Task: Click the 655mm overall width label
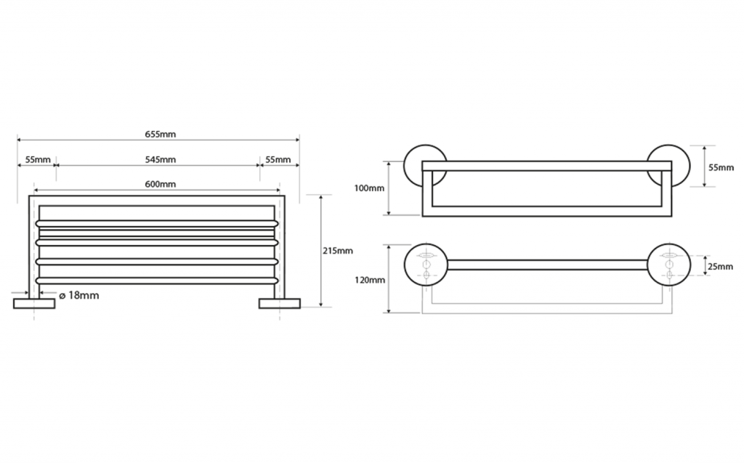(160, 134)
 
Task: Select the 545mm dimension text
(160, 159)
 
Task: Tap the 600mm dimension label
(160, 185)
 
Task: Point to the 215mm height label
(337, 251)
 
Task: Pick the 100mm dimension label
(369, 188)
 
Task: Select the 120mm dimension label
(369, 279)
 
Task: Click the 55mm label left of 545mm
(37, 159)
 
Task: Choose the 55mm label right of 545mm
(277, 159)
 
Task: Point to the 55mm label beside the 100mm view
(721, 167)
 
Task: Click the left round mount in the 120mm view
(426, 265)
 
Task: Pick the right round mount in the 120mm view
(668, 265)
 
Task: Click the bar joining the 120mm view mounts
(547, 265)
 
